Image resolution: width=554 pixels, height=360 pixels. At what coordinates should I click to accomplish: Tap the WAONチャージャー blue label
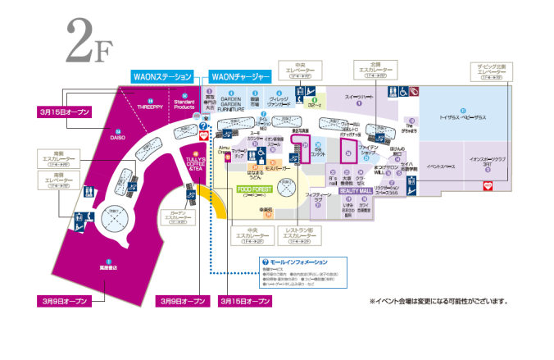point(241,76)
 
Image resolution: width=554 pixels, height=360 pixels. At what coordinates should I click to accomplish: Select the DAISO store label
point(117,138)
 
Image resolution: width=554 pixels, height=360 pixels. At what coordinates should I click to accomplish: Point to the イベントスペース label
point(441,166)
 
